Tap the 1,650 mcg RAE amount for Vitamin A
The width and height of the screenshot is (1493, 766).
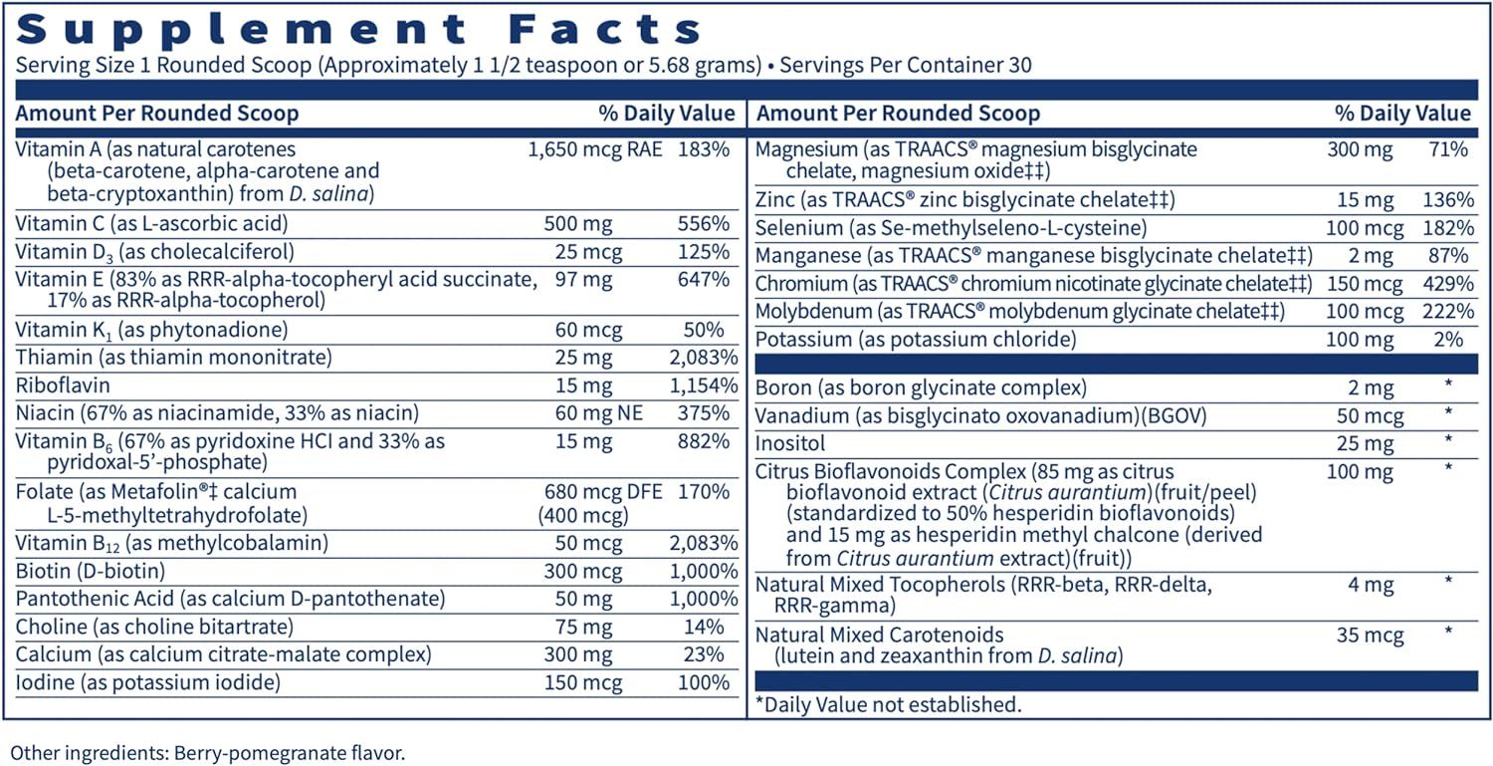click(x=593, y=149)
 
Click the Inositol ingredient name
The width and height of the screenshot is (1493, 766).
click(x=790, y=441)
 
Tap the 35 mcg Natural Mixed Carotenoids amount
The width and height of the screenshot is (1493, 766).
click(x=1371, y=635)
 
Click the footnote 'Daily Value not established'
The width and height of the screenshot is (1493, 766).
click(x=889, y=705)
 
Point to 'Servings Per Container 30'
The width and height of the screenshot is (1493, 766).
click(x=906, y=66)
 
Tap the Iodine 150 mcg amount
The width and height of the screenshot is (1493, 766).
click(x=583, y=682)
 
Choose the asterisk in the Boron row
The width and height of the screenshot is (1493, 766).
click(x=1448, y=385)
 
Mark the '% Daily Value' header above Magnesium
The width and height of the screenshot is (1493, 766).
click(x=1402, y=114)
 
